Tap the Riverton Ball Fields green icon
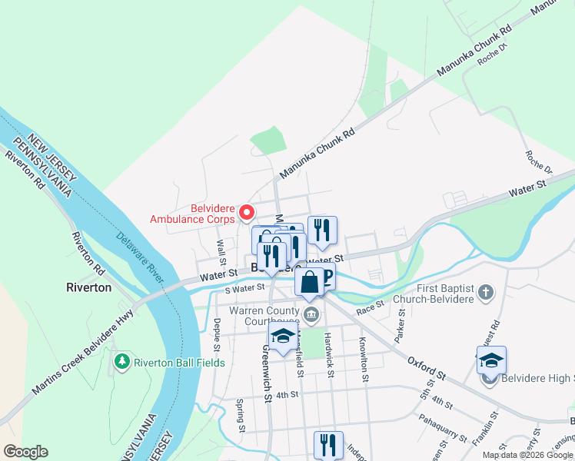pos(121,361)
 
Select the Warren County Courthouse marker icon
pos(312,313)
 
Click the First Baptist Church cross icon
pos(485,292)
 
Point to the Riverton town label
pos(88,287)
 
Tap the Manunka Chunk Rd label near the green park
pos(317,154)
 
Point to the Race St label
pos(370,305)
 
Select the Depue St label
pos(218,335)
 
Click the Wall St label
pos(221,250)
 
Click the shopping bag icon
pos(309,281)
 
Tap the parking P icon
pos(328,277)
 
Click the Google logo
pos(25,452)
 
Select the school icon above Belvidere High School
pos(491,360)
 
